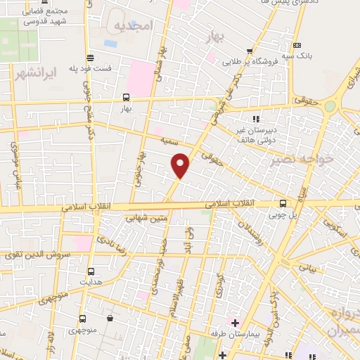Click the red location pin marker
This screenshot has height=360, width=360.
pos(181,164)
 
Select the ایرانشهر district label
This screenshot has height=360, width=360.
pos(33,73)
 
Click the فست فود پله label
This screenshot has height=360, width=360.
pos(90,68)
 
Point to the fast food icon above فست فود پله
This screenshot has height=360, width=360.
pos(90,58)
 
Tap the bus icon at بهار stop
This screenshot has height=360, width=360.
pos(126,98)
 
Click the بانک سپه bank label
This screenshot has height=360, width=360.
pos(298,56)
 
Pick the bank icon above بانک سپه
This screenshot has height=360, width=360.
pos(298,46)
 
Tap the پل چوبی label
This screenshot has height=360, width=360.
pos(284,214)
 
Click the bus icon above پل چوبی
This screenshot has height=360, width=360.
pos(284,203)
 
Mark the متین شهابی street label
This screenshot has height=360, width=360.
pos(146,218)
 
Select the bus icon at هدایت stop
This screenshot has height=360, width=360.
pos(91,271)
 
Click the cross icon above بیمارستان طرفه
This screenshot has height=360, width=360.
pos(236,323)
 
